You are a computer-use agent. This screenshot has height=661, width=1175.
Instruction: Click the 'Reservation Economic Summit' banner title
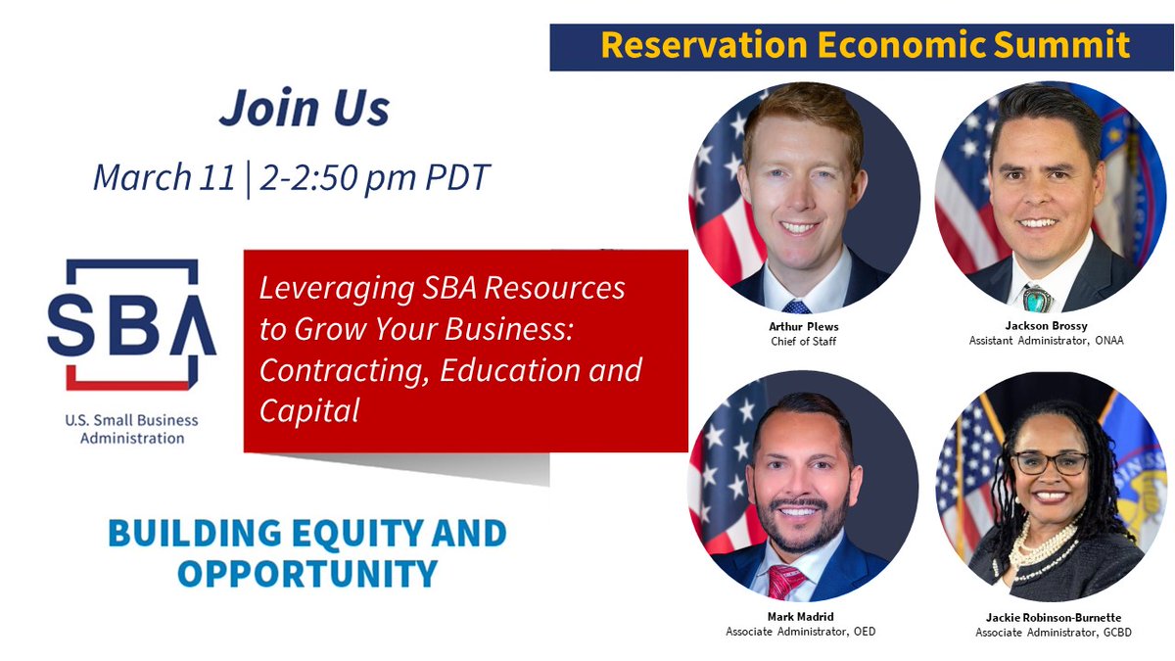point(865,45)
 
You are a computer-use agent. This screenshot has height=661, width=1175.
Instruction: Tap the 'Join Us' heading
point(304,108)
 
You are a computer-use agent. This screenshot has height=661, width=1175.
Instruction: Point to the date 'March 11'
point(164,177)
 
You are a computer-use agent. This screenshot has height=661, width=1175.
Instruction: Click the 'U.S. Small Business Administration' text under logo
point(131,429)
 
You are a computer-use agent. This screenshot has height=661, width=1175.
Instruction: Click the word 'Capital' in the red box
point(308,411)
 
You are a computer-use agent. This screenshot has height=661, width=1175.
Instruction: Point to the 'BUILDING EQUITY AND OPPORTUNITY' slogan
point(306,553)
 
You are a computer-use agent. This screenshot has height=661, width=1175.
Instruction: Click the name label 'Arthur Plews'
point(803,326)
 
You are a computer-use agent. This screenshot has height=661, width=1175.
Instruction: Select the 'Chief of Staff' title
point(803,341)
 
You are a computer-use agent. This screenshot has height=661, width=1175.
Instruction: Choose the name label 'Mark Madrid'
point(801,617)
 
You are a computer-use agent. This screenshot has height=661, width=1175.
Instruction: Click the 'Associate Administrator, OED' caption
point(801,632)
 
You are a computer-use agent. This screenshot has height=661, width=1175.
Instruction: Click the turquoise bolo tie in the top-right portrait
point(1037,297)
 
